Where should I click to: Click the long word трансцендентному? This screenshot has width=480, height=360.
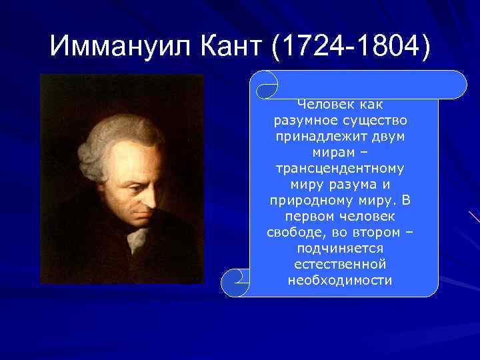click(x=343, y=168)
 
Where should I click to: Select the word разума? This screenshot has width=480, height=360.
click(x=356, y=184)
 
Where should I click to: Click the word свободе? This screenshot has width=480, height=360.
click(x=287, y=232)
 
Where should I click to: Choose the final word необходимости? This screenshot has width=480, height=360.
click(x=340, y=280)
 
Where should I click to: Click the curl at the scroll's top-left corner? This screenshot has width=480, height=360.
click(x=267, y=85)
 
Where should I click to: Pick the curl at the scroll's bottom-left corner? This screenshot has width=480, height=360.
click(x=235, y=283)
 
